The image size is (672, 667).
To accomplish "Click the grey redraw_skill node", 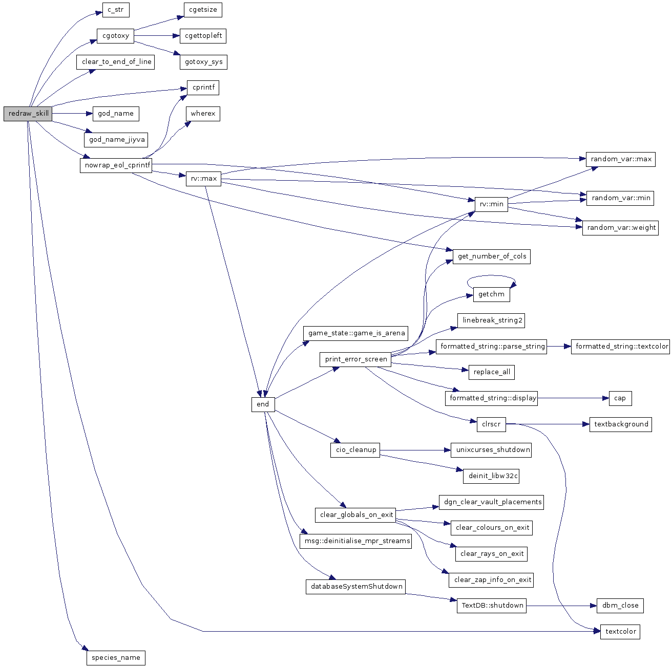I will (x=28, y=114).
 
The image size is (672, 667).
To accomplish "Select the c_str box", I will (x=115, y=10).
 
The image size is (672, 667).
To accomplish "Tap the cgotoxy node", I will (x=115, y=36).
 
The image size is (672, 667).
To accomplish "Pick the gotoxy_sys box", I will (x=203, y=62).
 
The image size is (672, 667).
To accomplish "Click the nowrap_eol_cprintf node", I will (x=116, y=165).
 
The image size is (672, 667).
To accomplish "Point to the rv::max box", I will (x=203, y=179).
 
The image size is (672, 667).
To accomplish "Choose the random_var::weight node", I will (x=620, y=228).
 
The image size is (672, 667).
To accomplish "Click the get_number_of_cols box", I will (x=492, y=256).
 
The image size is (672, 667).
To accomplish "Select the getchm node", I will (x=491, y=294).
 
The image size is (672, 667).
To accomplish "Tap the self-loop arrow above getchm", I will (x=491, y=276).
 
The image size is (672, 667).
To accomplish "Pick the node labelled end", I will (x=263, y=404).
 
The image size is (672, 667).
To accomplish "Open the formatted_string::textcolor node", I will (x=621, y=347).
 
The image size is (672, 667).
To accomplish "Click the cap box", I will (x=620, y=398).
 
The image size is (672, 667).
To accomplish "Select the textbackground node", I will (x=620, y=424).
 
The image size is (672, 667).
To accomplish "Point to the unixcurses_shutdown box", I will (x=491, y=450).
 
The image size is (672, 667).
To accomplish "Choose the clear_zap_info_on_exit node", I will (x=491, y=580).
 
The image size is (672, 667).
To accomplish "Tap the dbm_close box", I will (x=620, y=606).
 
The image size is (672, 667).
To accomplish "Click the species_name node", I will (x=116, y=658).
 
